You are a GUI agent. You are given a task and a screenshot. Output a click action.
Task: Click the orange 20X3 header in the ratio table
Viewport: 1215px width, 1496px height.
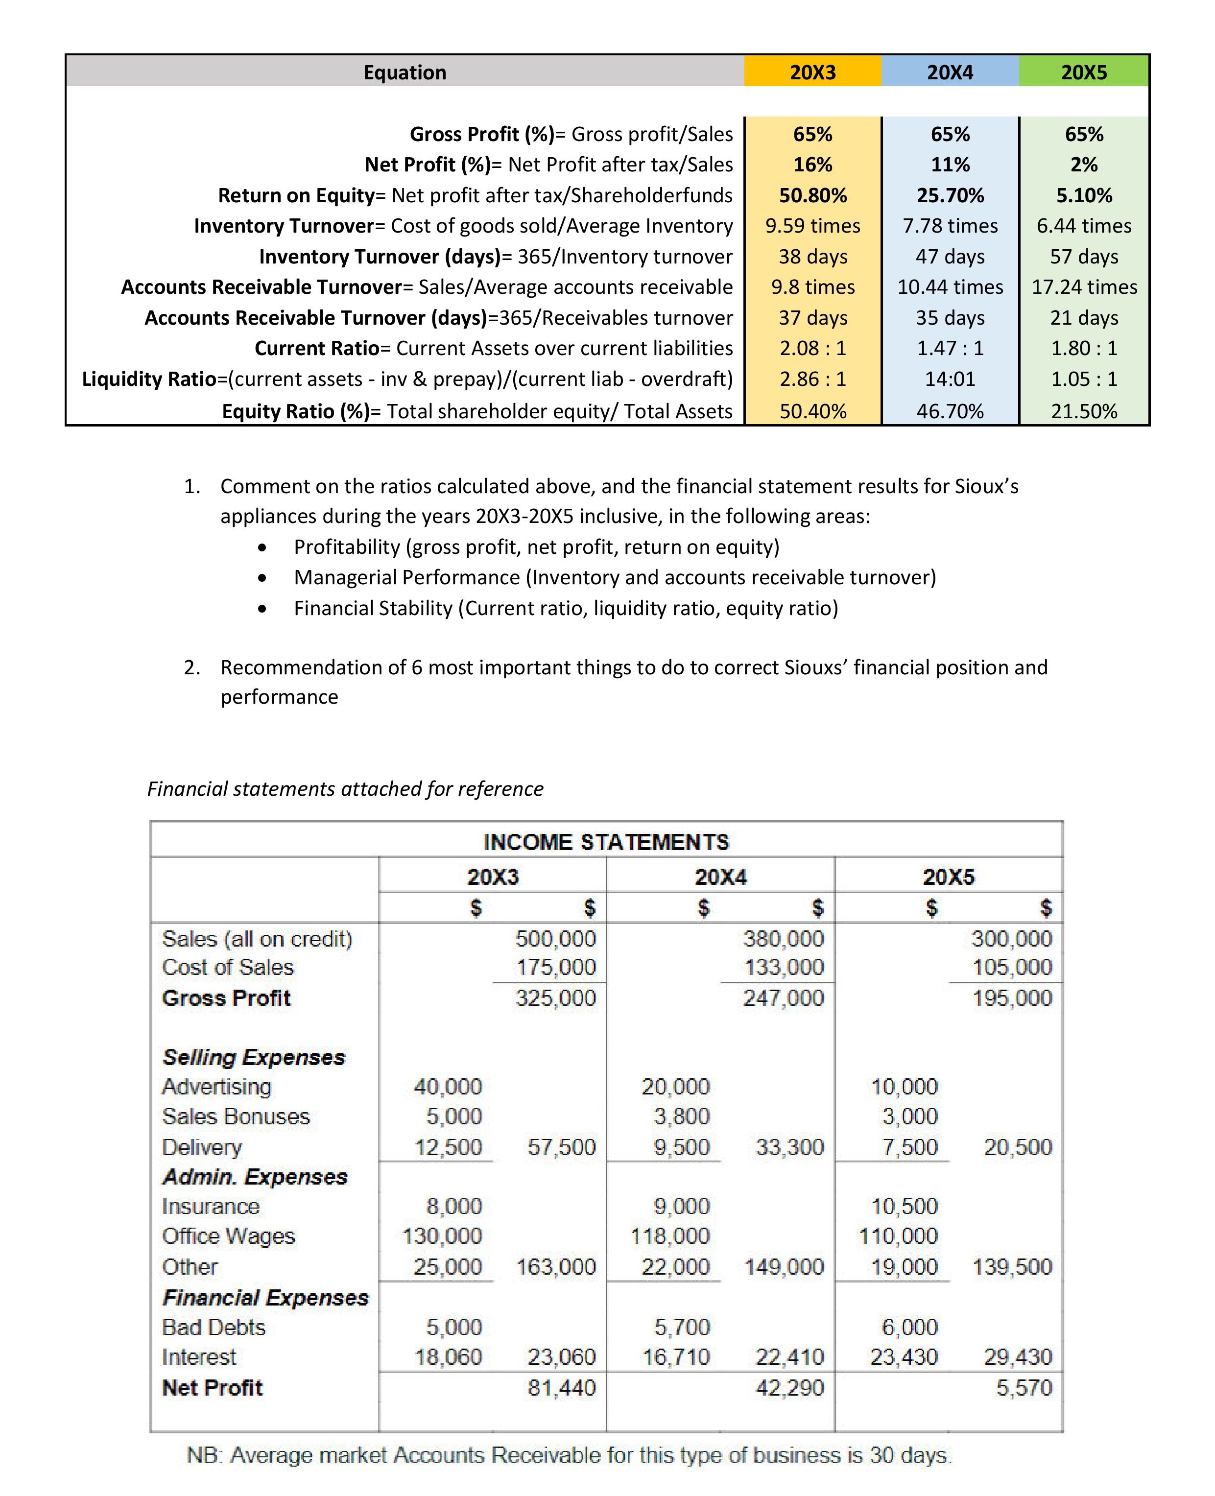tap(812, 72)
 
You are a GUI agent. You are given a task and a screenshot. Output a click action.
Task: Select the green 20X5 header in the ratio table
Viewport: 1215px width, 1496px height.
tap(1083, 72)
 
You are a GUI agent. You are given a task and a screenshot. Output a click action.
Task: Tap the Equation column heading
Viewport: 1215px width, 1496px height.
tap(405, 72)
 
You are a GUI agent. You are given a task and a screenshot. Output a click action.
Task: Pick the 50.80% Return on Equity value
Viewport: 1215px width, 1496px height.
tap(812, 195)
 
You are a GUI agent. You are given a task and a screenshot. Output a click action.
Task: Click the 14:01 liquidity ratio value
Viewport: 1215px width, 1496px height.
tap(950, 379)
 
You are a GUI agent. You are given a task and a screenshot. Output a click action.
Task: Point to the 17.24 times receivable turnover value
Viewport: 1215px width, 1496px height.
tap(1083, 287)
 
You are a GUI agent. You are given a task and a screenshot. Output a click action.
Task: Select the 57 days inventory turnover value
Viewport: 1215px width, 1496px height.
tap(1083, 257)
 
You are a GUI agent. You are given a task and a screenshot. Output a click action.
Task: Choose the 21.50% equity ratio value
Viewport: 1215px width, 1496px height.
tap(1083, 411)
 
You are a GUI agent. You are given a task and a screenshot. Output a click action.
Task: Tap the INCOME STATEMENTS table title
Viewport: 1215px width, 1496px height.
tap(606, 842)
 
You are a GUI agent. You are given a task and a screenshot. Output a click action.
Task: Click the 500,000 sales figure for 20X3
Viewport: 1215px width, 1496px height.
tap(556, 938)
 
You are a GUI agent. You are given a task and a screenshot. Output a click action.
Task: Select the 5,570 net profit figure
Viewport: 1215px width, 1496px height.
tap(1024, 1388)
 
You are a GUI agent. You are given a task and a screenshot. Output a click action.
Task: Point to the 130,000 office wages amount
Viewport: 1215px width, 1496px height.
tap(442, 1235)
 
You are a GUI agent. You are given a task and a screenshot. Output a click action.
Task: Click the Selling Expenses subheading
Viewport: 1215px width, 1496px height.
tap(254, 1057)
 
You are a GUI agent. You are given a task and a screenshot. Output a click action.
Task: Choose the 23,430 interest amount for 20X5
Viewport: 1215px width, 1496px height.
tap(904, 1357)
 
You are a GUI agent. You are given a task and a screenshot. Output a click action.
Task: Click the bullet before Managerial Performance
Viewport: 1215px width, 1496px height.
tap(262, 578)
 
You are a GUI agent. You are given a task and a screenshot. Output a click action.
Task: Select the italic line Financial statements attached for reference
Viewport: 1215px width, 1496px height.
tap(345, 788)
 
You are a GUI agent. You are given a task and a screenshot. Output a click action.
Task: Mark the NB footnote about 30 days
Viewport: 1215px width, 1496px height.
tap(569, 1455)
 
